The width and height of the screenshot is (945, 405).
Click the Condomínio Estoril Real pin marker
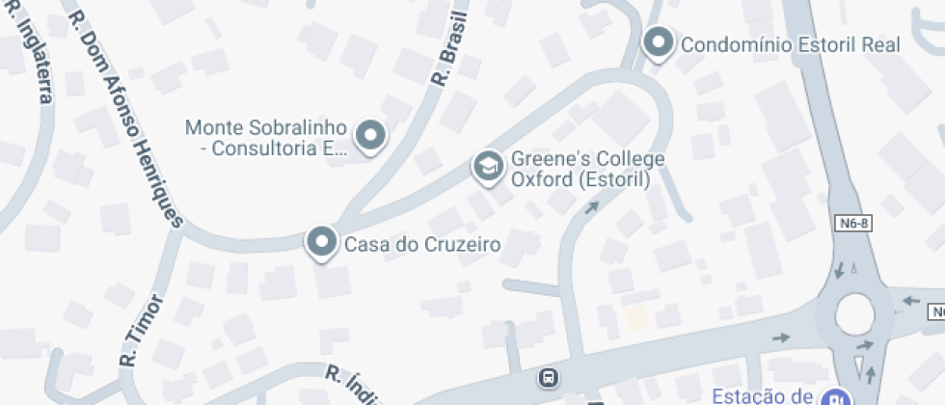[x=658, y=42]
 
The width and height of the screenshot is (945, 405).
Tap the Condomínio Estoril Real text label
[x=790, y=44]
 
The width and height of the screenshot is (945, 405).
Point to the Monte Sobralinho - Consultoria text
[x=265, y=138]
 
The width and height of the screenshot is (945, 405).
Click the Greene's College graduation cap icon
[x=489, y=168]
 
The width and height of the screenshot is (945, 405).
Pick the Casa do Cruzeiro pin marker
[x=320, y=242]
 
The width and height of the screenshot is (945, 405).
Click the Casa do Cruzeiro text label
[x=422, y=245]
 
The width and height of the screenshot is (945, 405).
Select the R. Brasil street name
[x=451, y=48]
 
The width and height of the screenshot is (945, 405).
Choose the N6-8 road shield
[x=852, y=224]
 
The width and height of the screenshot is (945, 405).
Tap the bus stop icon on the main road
[x=548, y=376]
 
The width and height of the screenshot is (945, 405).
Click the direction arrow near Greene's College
[x=591, y=205]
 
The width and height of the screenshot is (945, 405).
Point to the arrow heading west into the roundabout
[x=909, y=301]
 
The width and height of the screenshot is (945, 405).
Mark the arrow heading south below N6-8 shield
[x=839, y=267]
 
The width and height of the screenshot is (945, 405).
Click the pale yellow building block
[x=636, y=319]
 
